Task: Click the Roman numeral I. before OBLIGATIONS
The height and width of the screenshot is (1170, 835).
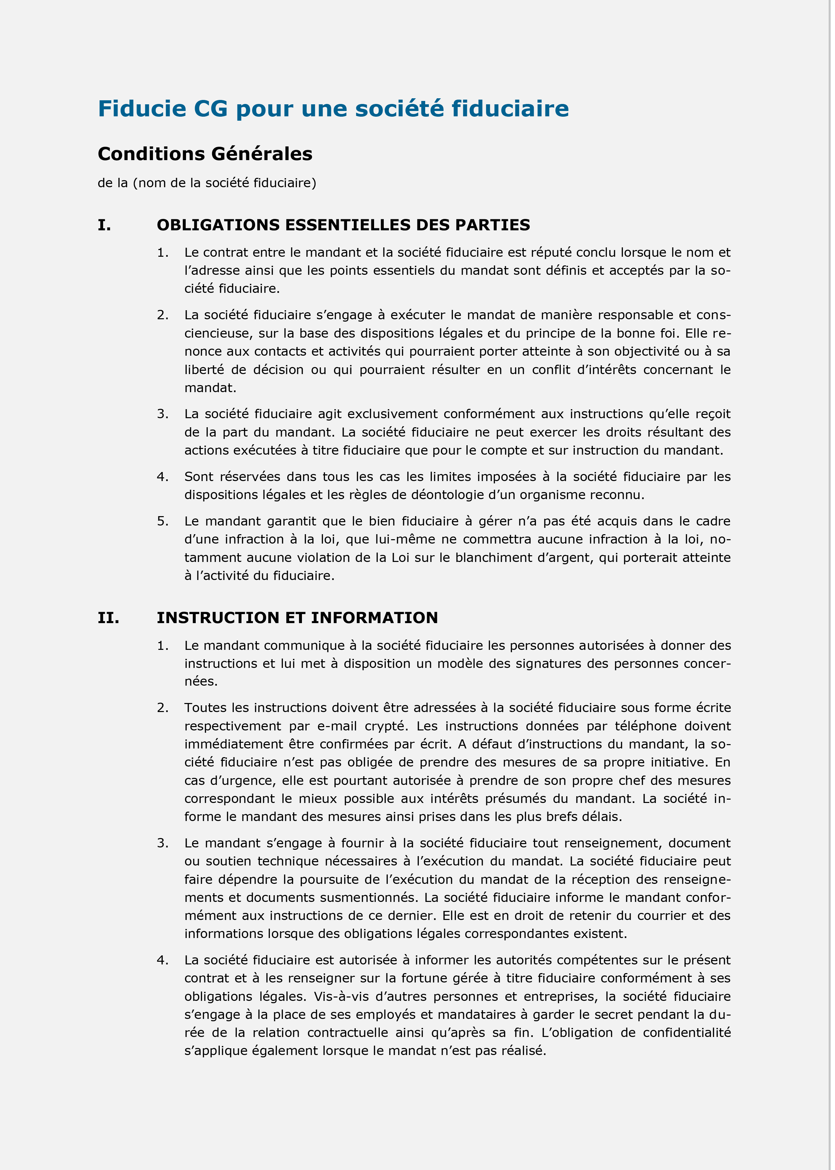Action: click(104, 225)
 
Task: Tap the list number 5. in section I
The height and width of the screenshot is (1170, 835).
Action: click(162, 521)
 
